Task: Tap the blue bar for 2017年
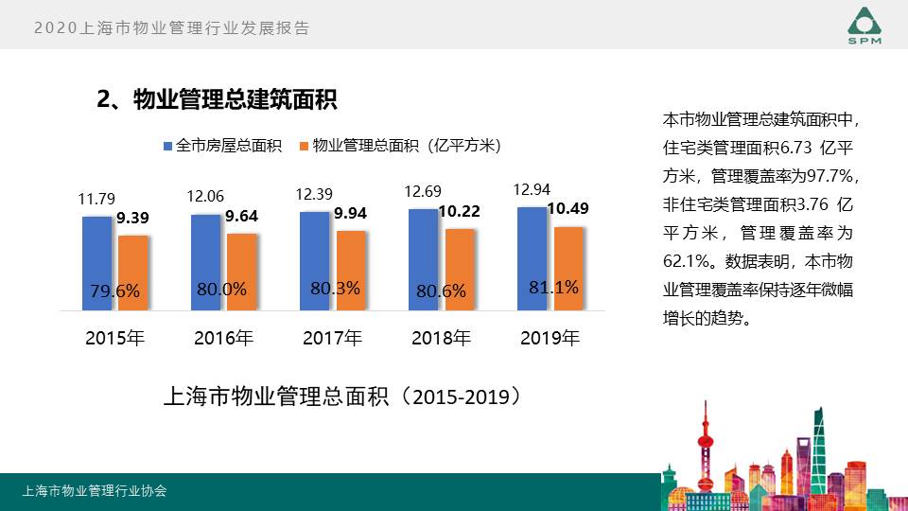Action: (314, 260)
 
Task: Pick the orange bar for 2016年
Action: (242, 271)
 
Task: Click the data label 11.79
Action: (96, 199)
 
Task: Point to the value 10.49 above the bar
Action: (568, 209)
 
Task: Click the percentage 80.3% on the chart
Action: (335, 288)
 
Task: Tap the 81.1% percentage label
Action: (553, 287)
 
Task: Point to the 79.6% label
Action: (115, 291)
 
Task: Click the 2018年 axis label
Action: (441, 338)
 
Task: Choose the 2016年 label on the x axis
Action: (223, 338)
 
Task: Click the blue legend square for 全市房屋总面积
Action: (168, 146)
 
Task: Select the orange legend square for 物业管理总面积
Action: (305, 146)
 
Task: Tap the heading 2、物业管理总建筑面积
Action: (218, 99)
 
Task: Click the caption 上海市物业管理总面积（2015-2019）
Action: (342, 396)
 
